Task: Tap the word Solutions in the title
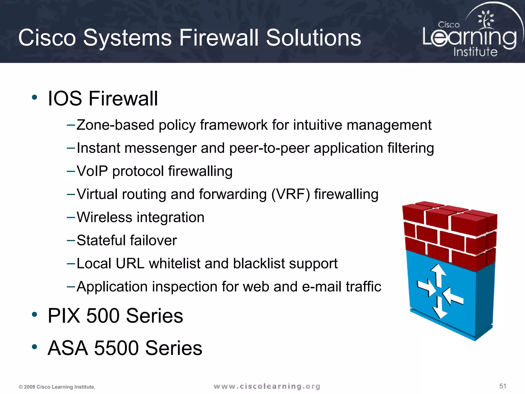313,38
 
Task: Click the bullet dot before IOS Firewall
34,97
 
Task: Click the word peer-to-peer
269,148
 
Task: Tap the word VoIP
92,171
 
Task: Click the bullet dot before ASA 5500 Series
34,347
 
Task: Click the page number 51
503,386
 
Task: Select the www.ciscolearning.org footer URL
267,386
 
